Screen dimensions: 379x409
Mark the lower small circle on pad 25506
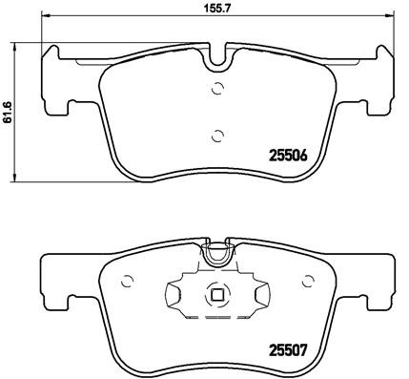click(x=217, y=135)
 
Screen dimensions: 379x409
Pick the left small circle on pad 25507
click(x=128, y=282)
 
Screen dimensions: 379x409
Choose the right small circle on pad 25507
click(x=307, y=282)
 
